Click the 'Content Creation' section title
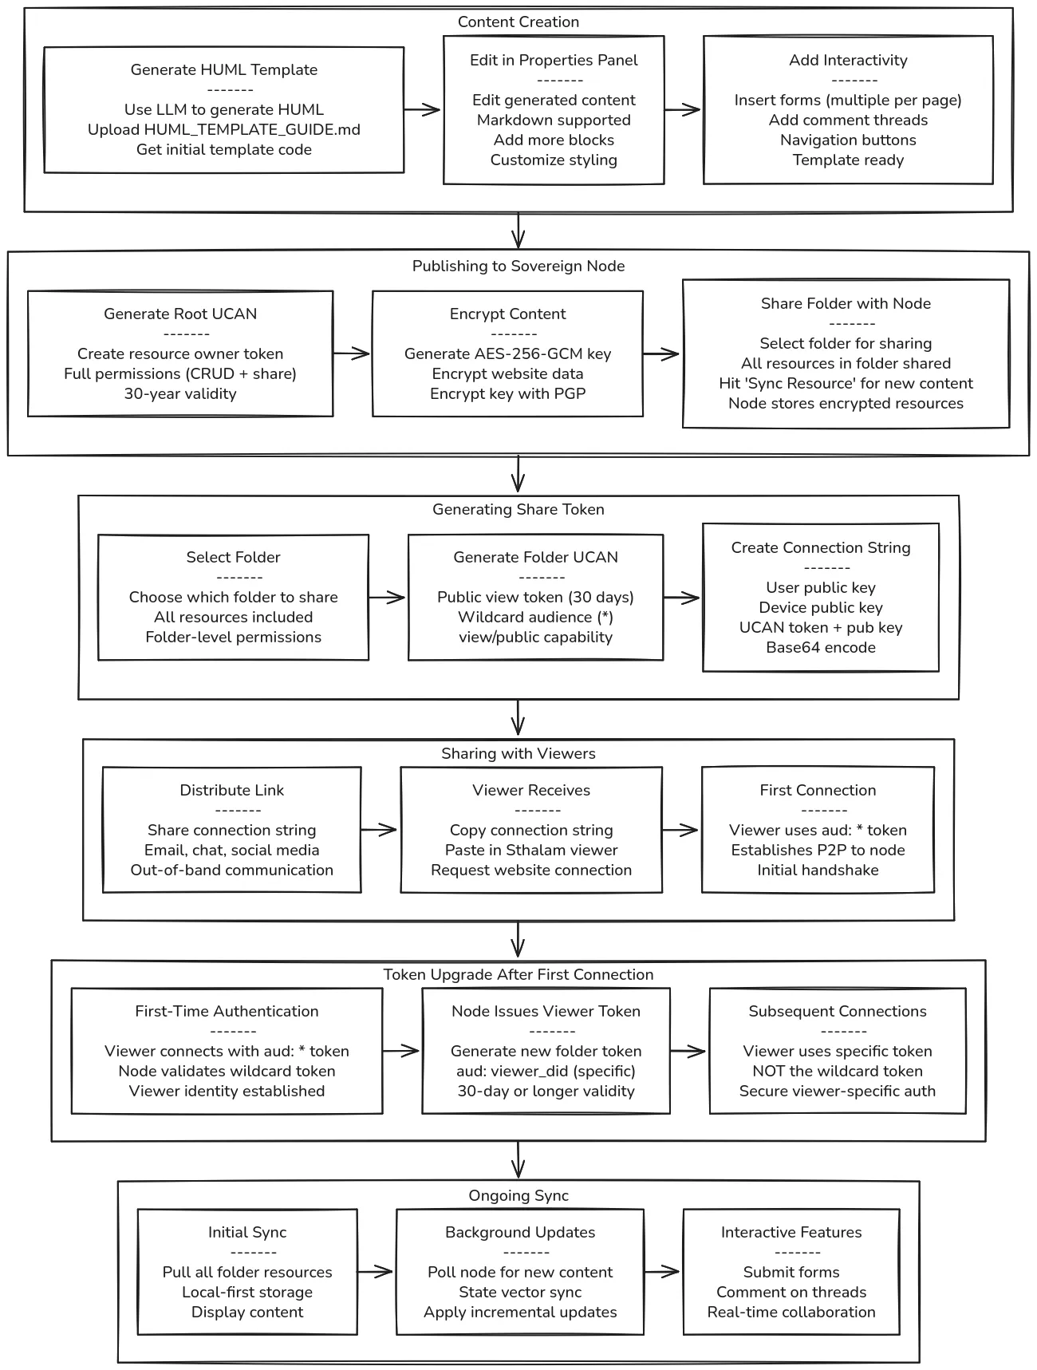(x=518, y=22)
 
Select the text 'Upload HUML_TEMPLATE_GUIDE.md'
(x=223, y=130)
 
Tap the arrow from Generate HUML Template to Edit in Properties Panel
(x=423, y=110)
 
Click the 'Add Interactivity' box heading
(x=848, y=61)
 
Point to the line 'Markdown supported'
(x=554, y=120)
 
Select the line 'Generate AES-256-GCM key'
(x=507, y=354)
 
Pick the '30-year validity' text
(x=180, y=394)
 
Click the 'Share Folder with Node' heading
(x=846, y=304)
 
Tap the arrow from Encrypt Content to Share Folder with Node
(x=661, y=354)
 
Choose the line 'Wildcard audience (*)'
(x=535, y=618)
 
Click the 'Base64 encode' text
(x=821, y=648)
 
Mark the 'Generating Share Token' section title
(x=518, y=510)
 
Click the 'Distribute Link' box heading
(x=231, y=791)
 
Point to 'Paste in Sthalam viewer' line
(x=531, y=851)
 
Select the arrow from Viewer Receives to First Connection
(x=680, y=831)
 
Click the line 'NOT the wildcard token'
(x=837, y=1072)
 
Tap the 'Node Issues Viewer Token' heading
(x=546, y=1012)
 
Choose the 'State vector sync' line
(x=520, y=1293)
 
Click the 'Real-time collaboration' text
(x=791, y=1313)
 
